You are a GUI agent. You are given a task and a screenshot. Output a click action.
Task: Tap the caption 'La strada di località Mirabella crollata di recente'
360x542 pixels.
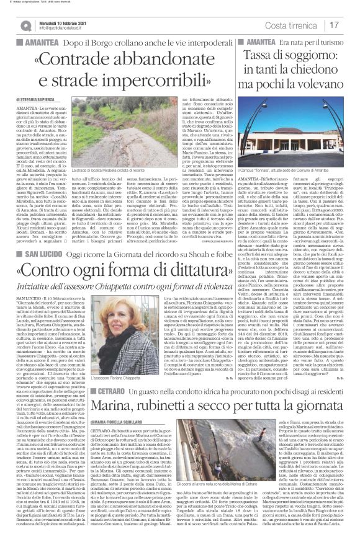(112, 186)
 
